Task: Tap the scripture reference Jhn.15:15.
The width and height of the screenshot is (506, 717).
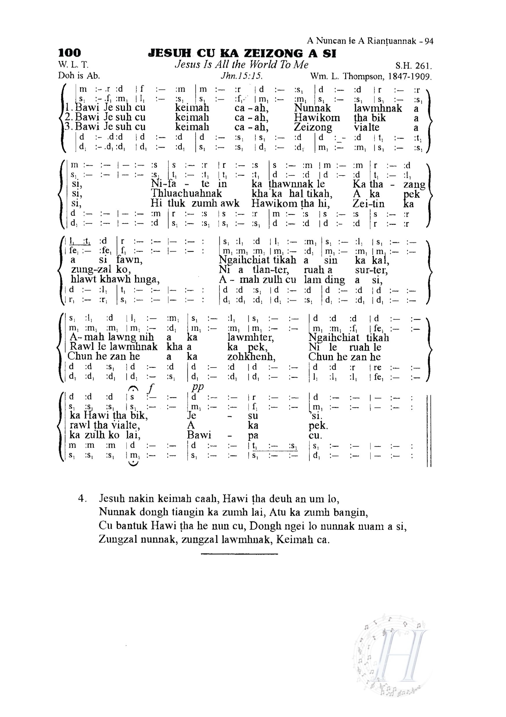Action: coord(241,76)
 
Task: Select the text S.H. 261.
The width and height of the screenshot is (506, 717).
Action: coord(413,66)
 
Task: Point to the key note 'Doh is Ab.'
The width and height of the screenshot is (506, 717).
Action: coord(79,75)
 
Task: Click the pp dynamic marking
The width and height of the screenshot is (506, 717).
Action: coord(197,387)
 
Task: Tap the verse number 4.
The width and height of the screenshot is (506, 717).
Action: coord(82,498)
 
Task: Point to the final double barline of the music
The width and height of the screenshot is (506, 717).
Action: coord(429,431)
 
